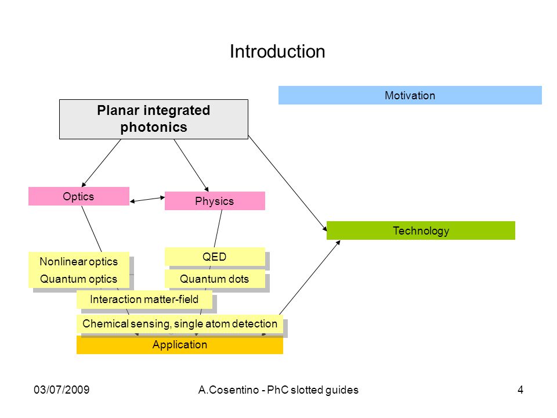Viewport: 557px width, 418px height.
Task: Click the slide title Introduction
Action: pos(277,52)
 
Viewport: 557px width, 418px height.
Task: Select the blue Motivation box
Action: pos(410,95)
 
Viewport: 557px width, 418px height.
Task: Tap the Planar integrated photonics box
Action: pos(153,119)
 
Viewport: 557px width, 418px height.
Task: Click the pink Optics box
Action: pos(78,196)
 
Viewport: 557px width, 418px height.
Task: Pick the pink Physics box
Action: pos(215,201)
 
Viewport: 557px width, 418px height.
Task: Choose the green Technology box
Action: pos(421,230)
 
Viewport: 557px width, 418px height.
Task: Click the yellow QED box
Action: pos(215,257)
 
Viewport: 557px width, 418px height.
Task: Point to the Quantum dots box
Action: pos(215,279)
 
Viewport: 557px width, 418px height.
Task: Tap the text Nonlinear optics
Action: pos(78,262)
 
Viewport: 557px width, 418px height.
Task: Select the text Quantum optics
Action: pos(78,279)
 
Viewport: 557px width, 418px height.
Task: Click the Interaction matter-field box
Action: pos(144,300)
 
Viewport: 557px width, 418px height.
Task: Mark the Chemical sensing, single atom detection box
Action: pos(180,323)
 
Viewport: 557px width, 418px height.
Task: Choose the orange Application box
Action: pos(180,345)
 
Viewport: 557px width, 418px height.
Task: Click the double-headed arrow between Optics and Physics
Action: pos(147,199)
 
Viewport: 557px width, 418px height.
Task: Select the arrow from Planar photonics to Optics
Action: pos(101,163)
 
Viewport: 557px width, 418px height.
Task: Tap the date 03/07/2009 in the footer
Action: pos(62,390)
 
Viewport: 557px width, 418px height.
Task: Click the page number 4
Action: pos(520,390)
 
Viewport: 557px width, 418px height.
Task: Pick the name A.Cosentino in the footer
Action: pos(229,390)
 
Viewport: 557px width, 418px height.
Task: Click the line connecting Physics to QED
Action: pos(218,229)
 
